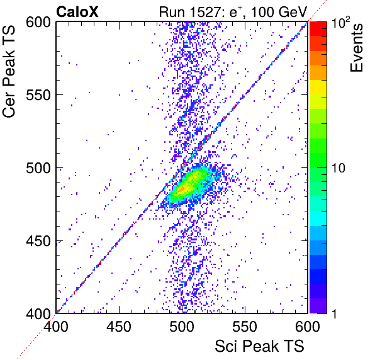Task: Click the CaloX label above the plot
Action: click(77, 12)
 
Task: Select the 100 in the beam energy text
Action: click(263, 12)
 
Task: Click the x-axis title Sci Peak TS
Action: click(259, 346)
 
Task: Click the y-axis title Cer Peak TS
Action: click(9, 71)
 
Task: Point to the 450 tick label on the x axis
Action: click(119, 326)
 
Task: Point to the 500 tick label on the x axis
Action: click(182, 326)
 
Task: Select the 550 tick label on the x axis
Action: click(245, 326)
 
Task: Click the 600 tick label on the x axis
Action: click(308, 326)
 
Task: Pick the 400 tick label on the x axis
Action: click(56, 326)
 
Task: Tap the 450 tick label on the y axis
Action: click(38, 241)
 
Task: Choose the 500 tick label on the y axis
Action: click(38, 168)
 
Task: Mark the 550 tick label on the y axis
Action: click(38, 95)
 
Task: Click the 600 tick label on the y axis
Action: click(38, 23)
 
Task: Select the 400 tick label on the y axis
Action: click(38, 313)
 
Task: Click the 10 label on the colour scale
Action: click(339, 168)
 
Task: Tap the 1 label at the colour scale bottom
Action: click(335, 313)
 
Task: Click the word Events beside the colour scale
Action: click(357, 48)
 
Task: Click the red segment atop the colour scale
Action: click(318, 29)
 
